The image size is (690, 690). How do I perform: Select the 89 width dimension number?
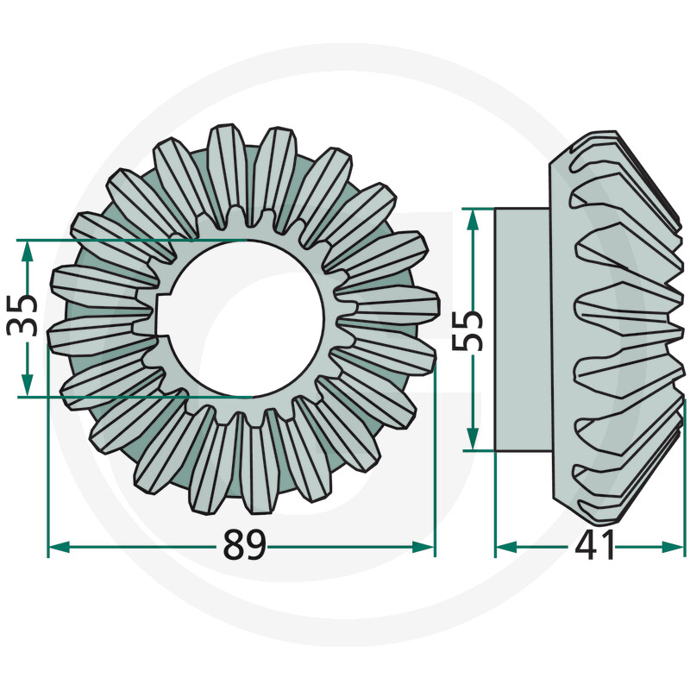click(x=244, y=546)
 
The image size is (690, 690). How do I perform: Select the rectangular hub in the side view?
click(x=521, y=328)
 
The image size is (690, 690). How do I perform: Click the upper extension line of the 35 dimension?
click(x=129, y=240)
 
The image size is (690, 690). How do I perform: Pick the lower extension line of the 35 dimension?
click(x=129, y=398)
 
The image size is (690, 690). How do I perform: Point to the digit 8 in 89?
click(x=233, y=546)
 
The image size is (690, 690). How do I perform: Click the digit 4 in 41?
click(x=584, y=546)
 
